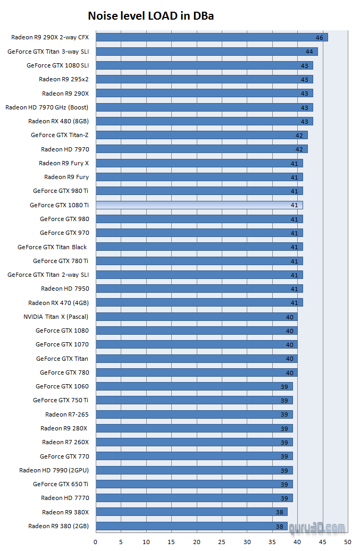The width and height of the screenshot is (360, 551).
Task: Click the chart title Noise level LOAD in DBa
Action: [151, 16]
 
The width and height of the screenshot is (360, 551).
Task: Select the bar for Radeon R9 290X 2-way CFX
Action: [211, 37]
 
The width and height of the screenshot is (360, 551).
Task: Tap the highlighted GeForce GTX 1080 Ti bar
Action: [199, 205]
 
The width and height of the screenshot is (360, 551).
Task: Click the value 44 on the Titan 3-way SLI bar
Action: [309, 52]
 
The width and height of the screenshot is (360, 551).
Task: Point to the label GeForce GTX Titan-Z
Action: [60, 135]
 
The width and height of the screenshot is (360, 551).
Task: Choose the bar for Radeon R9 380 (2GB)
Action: [191, 527]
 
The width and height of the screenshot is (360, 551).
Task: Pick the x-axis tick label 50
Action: [347, 542]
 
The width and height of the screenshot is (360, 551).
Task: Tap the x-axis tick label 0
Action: [96, 542]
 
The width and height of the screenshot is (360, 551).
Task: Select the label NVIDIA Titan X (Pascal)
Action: [56, 317]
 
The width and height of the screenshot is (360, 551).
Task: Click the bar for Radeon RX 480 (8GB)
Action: [204, 121]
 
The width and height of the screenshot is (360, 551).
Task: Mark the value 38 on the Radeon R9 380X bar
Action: [279, 512]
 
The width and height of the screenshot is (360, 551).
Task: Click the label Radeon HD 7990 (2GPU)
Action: [54, 470]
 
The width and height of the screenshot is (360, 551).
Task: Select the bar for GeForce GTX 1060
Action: [194, 386]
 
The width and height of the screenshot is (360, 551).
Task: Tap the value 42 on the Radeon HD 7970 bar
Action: [299, 149]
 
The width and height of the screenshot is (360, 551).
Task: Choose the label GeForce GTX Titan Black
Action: [52, 247]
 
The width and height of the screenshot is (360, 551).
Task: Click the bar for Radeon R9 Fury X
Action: [199, 163]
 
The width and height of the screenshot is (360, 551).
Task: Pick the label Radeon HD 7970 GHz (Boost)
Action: [47, 107]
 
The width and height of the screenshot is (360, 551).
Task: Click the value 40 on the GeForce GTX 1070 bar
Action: [289, 344]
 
